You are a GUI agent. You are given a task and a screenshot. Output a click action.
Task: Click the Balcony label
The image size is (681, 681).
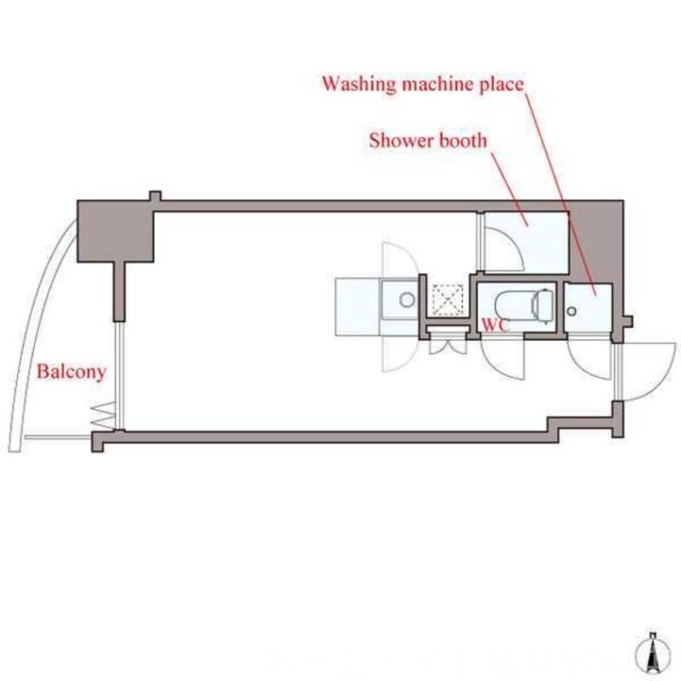click(72, 372)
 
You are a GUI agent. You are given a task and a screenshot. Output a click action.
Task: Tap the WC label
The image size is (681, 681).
click(495, 324)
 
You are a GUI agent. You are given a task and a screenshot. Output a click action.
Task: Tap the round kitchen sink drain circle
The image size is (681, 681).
click(407, 300)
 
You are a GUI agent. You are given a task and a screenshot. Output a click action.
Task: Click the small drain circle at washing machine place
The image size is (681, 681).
click(572, 311)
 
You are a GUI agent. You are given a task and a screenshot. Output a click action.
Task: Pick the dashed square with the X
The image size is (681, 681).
click(449, 300)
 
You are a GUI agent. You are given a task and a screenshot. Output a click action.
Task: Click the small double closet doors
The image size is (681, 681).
click(449, 346)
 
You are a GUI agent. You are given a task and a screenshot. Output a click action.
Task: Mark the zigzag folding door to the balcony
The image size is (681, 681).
click(103, 416)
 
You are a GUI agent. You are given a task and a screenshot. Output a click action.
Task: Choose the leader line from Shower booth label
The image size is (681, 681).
click(509, 189)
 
